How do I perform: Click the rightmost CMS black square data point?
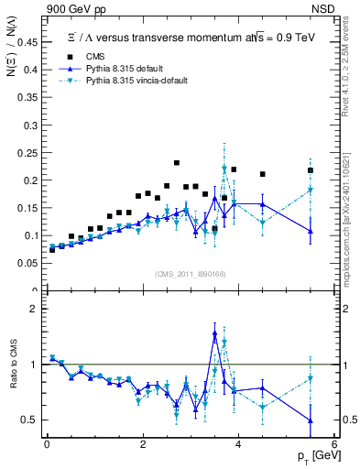pyautogui.click(x=311, y=170)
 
